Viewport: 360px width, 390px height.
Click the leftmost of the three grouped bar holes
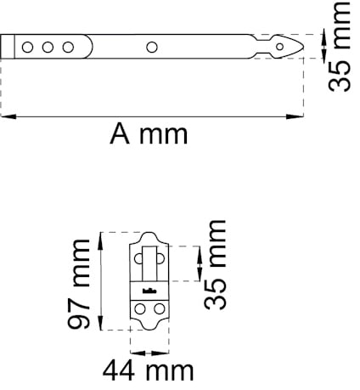(28, 47)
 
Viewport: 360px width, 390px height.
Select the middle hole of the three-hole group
(48, 47)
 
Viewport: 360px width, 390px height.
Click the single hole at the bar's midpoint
(152, 47)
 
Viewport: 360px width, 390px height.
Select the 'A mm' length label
(149, 134)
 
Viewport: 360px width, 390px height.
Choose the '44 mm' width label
(146, 370)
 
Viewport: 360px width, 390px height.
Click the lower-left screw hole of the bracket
(138, 309)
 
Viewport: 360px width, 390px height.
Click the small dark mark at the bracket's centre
(149, 291)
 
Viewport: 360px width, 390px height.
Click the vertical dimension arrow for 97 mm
(101, 280)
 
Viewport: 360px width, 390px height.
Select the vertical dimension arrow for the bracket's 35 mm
(198, 264)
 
